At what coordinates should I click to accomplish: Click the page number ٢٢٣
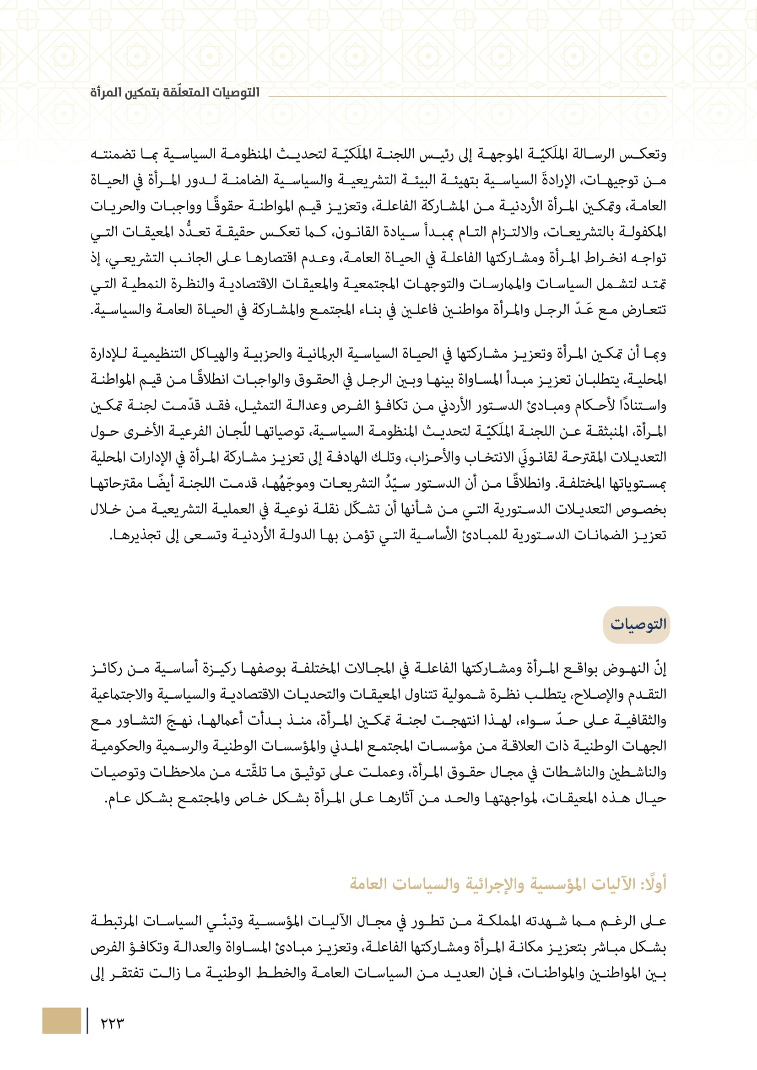click(x=112, y=1023)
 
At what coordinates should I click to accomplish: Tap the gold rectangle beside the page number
click(x=61, y=1021)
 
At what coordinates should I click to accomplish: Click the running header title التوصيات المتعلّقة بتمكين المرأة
click(x=175, y=92)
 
